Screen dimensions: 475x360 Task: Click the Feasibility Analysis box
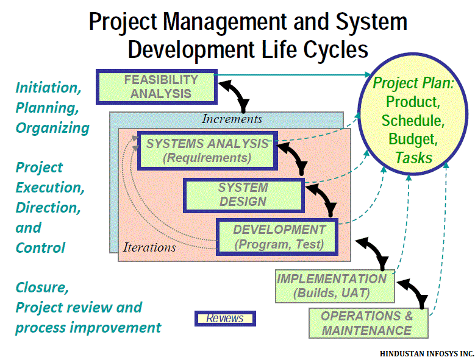tap(157, 87)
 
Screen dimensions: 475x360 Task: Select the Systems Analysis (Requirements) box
tap(207, 150)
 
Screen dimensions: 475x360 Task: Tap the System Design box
tap(244, 195)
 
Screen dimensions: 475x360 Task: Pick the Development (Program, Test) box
tap(277, 237)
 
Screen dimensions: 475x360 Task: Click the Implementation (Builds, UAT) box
tap(335, 286)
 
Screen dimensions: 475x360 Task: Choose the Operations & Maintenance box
tap(368, 323)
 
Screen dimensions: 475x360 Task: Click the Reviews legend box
tap(225, 319)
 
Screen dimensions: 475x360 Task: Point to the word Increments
tap(232, 119)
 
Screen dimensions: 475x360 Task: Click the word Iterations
tap(149, 247)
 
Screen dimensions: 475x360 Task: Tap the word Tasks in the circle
tap(414, 158)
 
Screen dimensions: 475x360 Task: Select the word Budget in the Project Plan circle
tap(413, 139)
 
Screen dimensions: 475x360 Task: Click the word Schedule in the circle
tap(413, 121)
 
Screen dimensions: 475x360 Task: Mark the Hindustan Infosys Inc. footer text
tap(427, 354)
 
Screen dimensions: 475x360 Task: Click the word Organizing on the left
tap(52, 128)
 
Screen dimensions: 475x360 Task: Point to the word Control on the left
tap(40, 247)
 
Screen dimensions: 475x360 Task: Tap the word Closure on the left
tap(42, 288)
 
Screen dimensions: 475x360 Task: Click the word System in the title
tap(371, 22)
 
